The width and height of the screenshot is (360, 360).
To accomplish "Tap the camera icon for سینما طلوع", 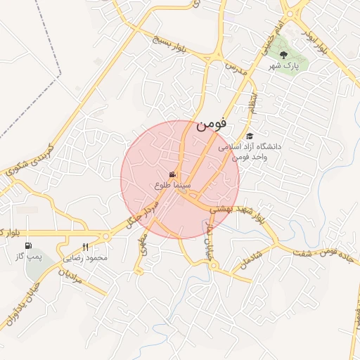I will pyautogui.click(x=172, y=174).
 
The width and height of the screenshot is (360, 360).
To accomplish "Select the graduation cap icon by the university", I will pyautogui.click(x=250, y=136).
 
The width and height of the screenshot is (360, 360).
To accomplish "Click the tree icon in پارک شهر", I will pyautogui.click(x=283, y=54).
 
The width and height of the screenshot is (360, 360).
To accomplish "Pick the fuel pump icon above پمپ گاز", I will pyautogui.click(x=28, y=245).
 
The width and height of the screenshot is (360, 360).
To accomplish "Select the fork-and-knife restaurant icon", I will pyautogui.click(x=86, y=247).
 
